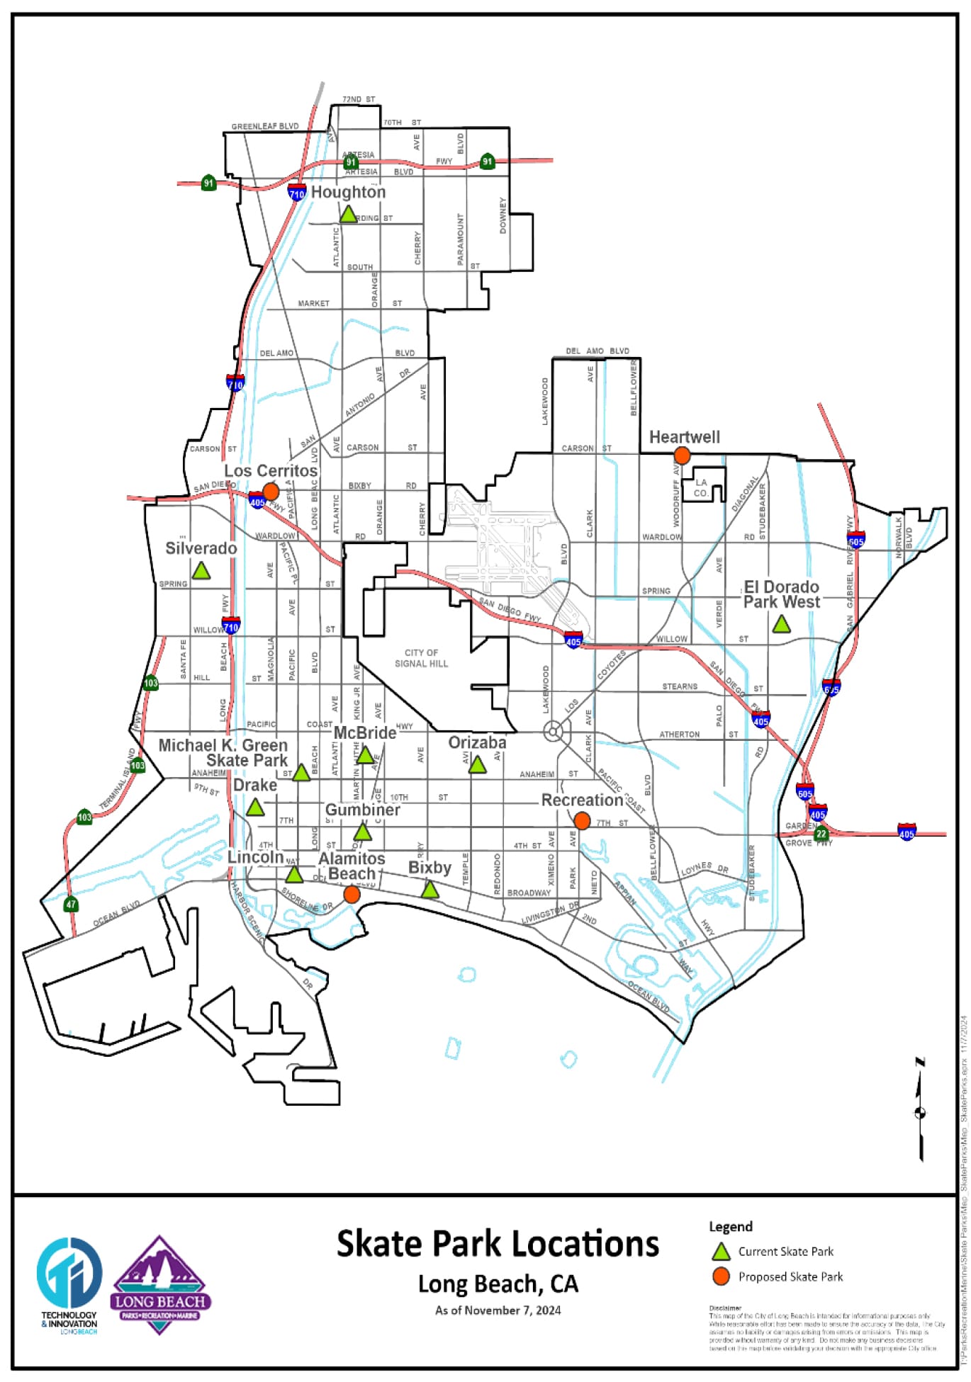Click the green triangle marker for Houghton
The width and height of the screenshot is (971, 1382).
[x=348, y=214]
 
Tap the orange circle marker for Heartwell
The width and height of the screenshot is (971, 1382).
[x=682, y=455]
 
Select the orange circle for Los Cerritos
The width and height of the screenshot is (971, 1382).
[x=271, y=491]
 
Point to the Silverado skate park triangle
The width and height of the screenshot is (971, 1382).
[x=201, y=571]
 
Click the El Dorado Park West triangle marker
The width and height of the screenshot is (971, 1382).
[x=781, y=625]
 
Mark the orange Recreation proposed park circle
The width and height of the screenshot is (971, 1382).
[x=582, y=821]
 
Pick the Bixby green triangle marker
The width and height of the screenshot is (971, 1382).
[x=430, y=890]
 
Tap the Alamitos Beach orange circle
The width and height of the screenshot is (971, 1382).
[x=352, y=895]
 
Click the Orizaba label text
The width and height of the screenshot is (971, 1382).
[x=477, y=742]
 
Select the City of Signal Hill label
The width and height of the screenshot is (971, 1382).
[x=421, y=658]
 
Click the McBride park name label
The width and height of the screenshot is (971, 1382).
[x=364, y=732]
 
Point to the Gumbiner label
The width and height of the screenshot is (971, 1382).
[x=362, y=810]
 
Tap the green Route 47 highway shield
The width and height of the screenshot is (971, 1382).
[x=71, y=905]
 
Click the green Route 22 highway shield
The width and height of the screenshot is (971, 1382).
[x=821, y=834]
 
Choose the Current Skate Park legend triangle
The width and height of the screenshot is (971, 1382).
[x=721, y=1252]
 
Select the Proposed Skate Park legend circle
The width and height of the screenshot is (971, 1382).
[x=721, y=1276]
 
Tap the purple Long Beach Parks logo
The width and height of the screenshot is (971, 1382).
[x=159, y=1286]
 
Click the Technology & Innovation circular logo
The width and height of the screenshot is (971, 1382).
[x=69, y=1273]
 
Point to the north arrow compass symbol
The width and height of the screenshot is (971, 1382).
[x=920, y=1111]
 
